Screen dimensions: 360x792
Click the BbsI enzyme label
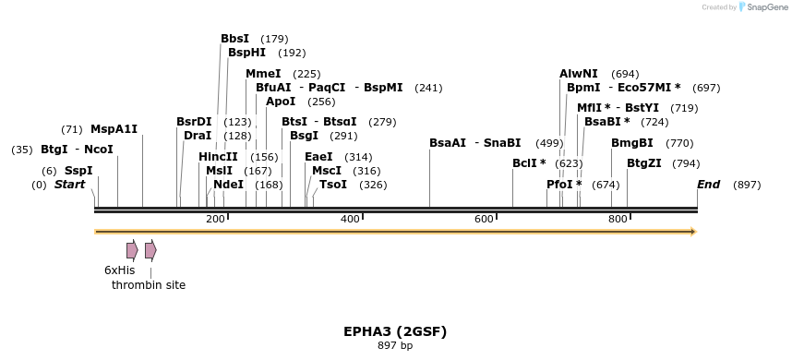(234, 39)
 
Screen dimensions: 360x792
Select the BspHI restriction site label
(246, 53)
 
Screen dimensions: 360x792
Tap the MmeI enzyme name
(263, 74)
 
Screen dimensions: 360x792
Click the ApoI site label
(281, 102)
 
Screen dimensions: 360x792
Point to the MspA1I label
(114, 129)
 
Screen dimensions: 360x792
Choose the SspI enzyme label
(78, 171)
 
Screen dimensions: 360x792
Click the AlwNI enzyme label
(579, 74)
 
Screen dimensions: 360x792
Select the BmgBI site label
(632, 143)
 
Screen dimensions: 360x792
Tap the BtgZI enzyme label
(644, 163)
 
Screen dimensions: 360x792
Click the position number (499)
(549, 143)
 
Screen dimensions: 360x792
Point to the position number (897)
(747, 185)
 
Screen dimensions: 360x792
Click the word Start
(69, 185)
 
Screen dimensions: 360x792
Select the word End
(708, 185)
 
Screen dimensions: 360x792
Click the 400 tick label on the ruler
(350, 219)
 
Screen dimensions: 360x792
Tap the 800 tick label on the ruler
(618, 219)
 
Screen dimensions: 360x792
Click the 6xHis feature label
(120, 270)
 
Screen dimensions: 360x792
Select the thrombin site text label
(149, 285)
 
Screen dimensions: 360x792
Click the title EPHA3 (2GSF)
(395, 330)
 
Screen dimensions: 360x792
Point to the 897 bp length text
(395, 345)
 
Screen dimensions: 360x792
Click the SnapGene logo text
(767, 7)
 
